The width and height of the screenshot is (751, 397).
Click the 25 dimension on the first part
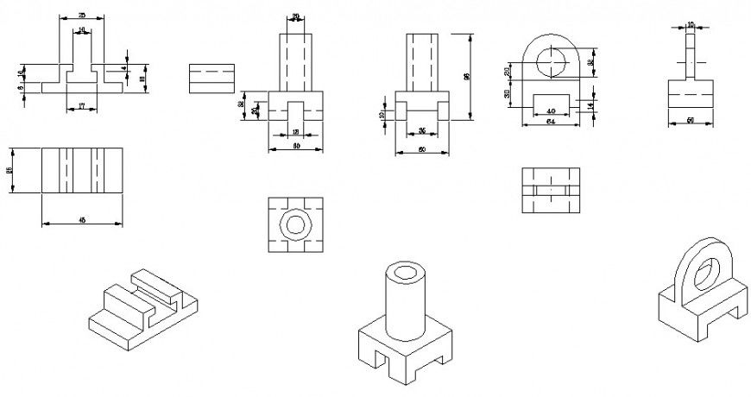pos(81,16)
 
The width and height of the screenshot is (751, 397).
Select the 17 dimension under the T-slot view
pos(81,105)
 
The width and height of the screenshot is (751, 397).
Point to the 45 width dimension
pos(82,220)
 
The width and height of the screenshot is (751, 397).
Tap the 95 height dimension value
pos(467,77)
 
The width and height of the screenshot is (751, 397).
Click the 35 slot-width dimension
pos(422,130)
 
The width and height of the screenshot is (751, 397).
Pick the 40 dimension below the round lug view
pos(551,110)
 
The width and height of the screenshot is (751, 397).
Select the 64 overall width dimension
pos(551,122)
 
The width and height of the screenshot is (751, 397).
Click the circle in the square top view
pos(296,224)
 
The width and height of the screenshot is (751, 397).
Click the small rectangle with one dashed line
pos(211,77)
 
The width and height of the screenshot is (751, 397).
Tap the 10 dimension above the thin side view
pos(691,24)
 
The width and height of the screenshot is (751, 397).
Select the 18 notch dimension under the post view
pos(296,131)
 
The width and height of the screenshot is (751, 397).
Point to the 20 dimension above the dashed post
pos(296,16)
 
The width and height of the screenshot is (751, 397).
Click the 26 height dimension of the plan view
pos(10,170)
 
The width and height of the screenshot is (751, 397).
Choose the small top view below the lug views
pos(551,189)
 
